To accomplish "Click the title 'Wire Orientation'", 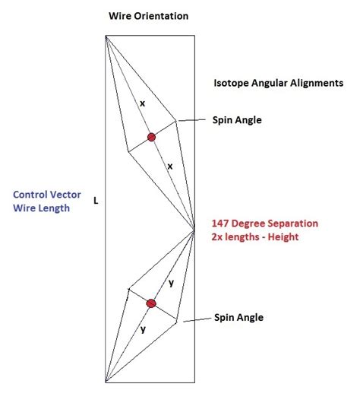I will tap(149, 16).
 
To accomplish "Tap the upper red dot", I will tap(151, 137).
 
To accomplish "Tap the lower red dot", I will tap(150, 303).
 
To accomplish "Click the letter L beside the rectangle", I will tap(96, 201).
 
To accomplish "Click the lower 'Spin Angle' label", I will tap(238, 317).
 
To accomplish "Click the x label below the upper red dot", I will tap(169, 166).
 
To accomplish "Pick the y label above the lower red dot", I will tap(171, 283).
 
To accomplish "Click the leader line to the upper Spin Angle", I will tap(192, 120).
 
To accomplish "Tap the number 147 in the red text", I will tap(223, 224).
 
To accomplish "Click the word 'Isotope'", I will tap(231, 83).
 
